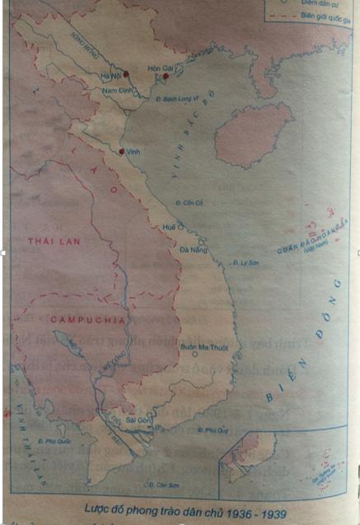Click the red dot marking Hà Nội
[126, 73]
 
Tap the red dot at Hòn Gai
[166, 77]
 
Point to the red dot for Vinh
[121, 152]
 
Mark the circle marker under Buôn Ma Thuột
[194, 355]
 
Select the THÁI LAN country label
[47, 241]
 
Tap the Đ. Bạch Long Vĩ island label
[175, 97]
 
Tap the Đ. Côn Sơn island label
[161, 484]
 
